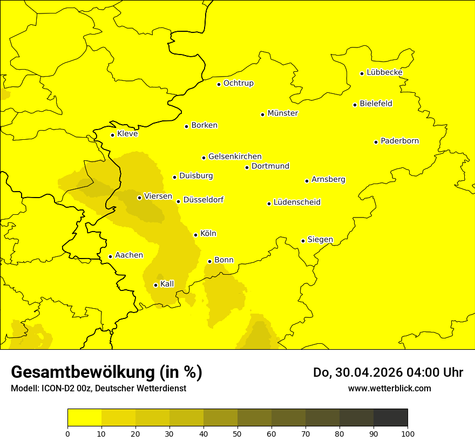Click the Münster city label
pyautogui.click(x=282, y=113)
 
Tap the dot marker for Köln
pyautogui.click(x=195, y=235)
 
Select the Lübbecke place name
pyautogui.click(x=384, y=72)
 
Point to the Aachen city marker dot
pyautogui.click(x=110, y=256)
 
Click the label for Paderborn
pyautogui.click(x=399, y=141)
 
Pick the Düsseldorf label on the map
pyautogui.click(x=203, y=200)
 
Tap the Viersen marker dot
pyautogui.click(x=139, y=198)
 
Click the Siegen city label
pyautogui.click(x=320, y=240)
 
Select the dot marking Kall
pyautogui.click(x=155, y=285)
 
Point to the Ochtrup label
pyautogui.click(x=238, y=83)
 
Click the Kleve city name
pyautogui.click(x=127, y=134)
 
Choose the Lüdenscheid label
pyautogui.click(x=297, y=202)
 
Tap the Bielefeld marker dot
pyautogui.click(x=355, y=105)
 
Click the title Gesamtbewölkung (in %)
pyautogui.click(x=106, y=372)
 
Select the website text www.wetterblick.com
pyautogui.click(x=389, y=389)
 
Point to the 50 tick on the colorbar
pyautogui.click(x=237, y=433)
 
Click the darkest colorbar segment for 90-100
pyautogui.click(x=390, y=418)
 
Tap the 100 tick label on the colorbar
pyautogui.click(x=408, y=433)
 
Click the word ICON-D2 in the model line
pyautogui.click(x=57, y=389)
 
